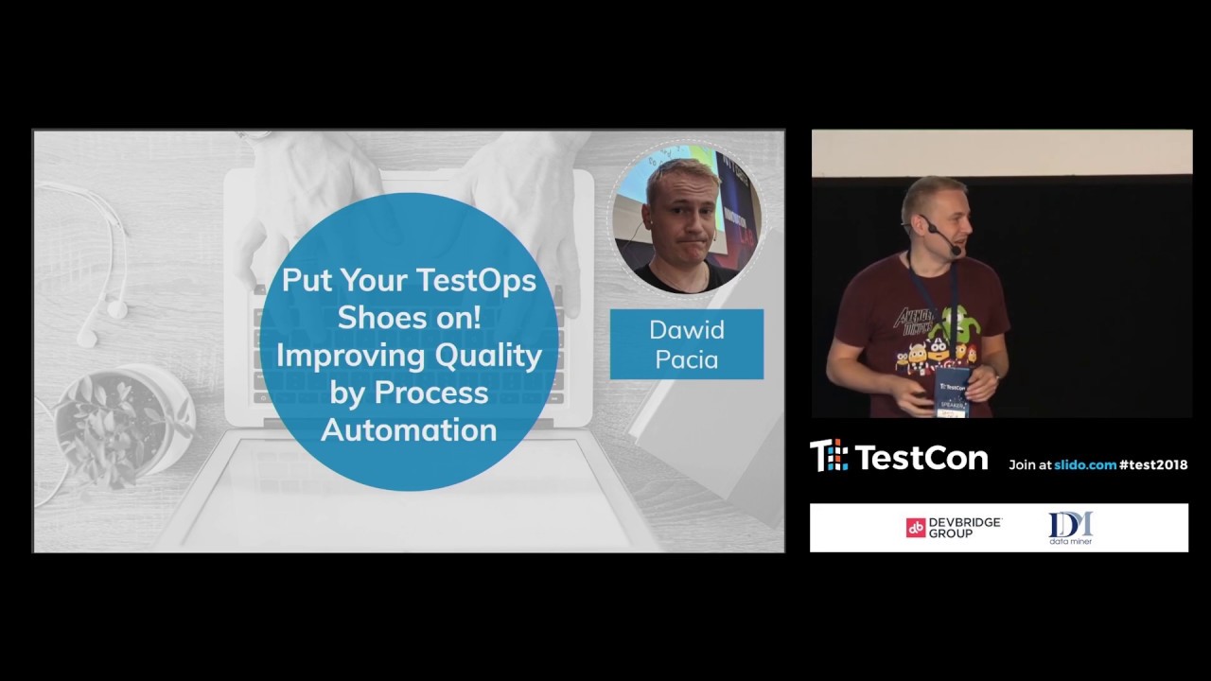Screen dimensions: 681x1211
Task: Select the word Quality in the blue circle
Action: click(488, 356)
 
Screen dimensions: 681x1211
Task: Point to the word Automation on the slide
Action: click(409, 430)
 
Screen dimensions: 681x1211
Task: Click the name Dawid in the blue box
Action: click(686, 330)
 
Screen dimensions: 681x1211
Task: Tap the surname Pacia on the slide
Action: click(686, 359)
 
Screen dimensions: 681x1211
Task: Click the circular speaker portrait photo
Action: click(686, 218)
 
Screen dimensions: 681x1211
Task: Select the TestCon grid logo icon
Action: click(829, 456)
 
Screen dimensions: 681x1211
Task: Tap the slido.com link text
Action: click(1085, 464)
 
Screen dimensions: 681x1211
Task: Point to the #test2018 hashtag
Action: click(1152, 464)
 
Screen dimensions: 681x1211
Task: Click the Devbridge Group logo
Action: click(953, 528)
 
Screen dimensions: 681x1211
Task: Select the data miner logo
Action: click(1070, 528)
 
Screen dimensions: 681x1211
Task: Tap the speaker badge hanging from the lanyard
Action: click(953, 391)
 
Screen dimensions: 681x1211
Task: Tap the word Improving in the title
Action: click(350, 356)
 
